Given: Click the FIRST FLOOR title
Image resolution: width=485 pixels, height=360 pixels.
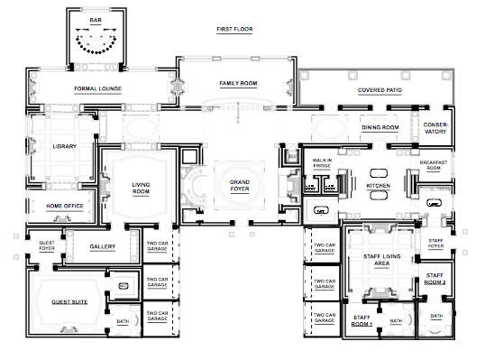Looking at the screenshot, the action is coord(234,29).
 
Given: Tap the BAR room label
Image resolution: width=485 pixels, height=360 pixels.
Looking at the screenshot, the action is coord(96,20).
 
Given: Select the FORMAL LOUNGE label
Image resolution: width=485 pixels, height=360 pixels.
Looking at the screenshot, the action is coord(97,88).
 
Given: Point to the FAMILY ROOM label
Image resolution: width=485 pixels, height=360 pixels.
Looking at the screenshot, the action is coord(238,83).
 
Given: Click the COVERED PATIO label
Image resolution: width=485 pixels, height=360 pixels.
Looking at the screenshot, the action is coord(380,90).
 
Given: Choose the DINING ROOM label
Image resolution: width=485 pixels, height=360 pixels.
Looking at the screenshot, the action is coord(380,127).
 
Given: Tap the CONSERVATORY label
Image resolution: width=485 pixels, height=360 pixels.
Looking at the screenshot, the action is coord(435,128).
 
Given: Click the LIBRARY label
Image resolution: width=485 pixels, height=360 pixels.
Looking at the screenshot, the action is coord(64,146).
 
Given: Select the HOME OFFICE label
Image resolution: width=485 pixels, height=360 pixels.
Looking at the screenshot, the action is coord(65,206).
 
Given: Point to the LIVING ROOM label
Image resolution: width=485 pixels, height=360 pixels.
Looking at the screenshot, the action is coord(141,188).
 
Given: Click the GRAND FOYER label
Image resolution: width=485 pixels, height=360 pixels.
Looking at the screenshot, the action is coord(240,185).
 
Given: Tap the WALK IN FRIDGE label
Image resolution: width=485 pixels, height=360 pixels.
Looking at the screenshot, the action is coord(322,162).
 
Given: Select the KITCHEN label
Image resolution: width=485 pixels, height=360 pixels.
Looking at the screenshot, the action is coord(379,186).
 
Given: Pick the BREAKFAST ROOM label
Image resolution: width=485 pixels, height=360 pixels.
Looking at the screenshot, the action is coord(434,165).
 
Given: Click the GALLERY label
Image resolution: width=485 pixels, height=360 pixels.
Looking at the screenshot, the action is coord(103,246).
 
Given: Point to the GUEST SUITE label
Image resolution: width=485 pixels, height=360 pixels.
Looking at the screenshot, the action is coord(69,302).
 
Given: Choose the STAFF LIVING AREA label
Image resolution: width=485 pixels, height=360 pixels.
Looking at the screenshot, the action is coord(381,260).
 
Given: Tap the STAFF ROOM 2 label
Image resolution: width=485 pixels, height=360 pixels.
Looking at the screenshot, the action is coord(435,279).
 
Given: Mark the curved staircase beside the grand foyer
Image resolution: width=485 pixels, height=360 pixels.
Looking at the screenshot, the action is coord(194,187).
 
